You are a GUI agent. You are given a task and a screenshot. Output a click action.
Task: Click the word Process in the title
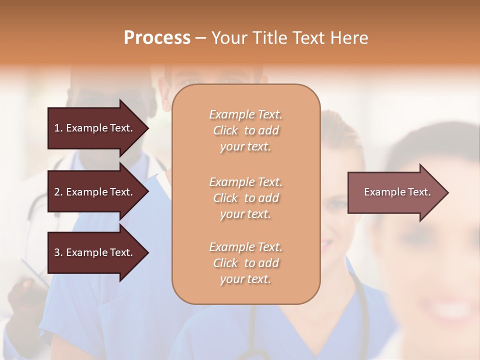click(157, 38)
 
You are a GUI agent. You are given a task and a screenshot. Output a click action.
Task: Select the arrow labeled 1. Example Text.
click(95, 128)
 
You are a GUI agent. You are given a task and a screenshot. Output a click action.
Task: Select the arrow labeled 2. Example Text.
click(95, 192)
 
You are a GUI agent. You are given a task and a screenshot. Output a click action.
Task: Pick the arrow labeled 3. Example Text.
click(95, 252)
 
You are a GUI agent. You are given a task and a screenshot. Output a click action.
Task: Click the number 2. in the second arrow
click(58, 192)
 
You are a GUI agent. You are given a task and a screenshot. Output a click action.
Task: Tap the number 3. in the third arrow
click(58, 252)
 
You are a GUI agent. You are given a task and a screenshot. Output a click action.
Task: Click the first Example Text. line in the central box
click(245, 114)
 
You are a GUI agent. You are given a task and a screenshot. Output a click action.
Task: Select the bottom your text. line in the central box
click(245, 279)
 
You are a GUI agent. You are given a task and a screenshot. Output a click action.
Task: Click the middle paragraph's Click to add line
click(245, 198)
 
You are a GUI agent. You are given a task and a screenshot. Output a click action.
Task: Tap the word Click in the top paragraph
click(225, 131)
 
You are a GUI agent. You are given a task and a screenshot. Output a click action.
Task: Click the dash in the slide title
click(200, 38)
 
